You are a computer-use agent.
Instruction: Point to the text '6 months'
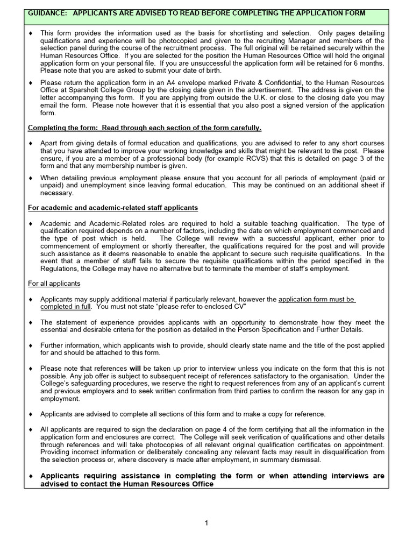[368, 63]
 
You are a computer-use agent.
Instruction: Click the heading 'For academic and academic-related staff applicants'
[113, 207]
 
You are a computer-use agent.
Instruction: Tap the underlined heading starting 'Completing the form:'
[145, 128]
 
